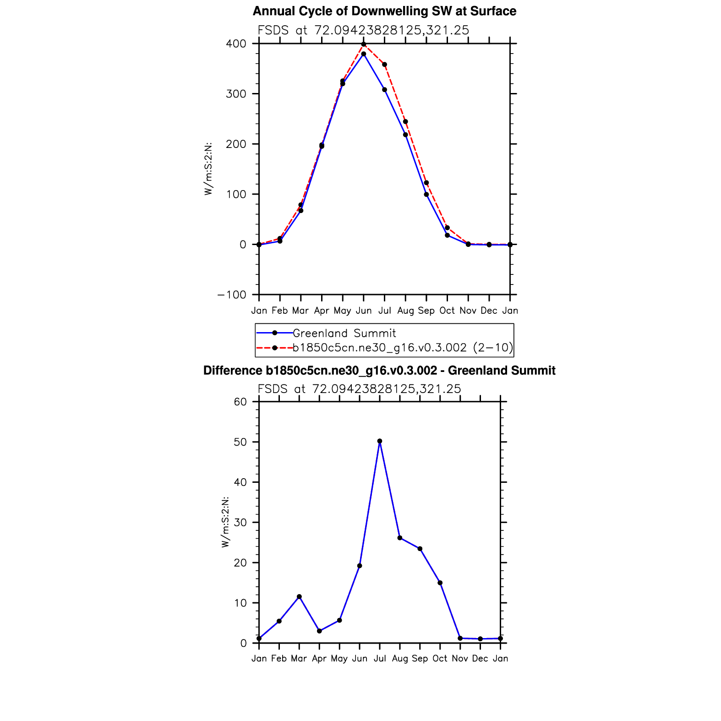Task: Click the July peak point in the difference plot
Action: tap(380, 441)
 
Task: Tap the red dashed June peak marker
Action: tap(364, 44)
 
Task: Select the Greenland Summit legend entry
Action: tap(344, 333)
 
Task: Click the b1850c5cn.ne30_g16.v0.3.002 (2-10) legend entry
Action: tap(403, 348)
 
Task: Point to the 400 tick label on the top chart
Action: tap(236, 44)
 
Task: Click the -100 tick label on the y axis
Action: tap(232, 295)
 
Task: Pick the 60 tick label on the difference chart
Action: tap(240, 402)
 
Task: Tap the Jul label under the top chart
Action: tap(385, 311)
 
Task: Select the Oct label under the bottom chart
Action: tap(440, 658)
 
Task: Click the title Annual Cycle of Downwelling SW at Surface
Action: tap(384, 11)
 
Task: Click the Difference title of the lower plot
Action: tap(379, 370)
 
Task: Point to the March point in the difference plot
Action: tap(299, 597)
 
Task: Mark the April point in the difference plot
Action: tap(319, 631)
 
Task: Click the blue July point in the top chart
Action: tap(385, 90)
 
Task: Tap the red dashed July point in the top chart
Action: tap(385, 65)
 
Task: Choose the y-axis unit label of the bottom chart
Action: tap(225, 522)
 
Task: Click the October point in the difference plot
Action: tap(440, 583)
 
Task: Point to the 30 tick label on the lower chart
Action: tap(240, 522)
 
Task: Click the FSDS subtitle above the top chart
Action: tap(363, 30)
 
